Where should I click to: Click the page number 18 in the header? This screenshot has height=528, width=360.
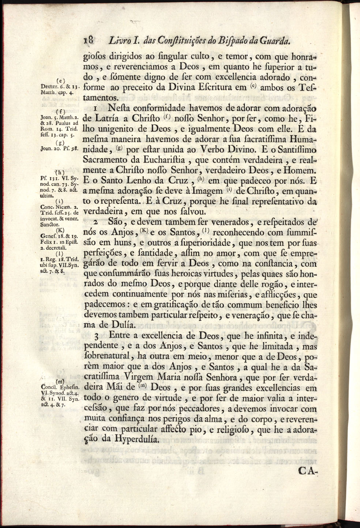click(89, 40)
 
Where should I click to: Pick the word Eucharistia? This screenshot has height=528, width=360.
click(165, 160)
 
